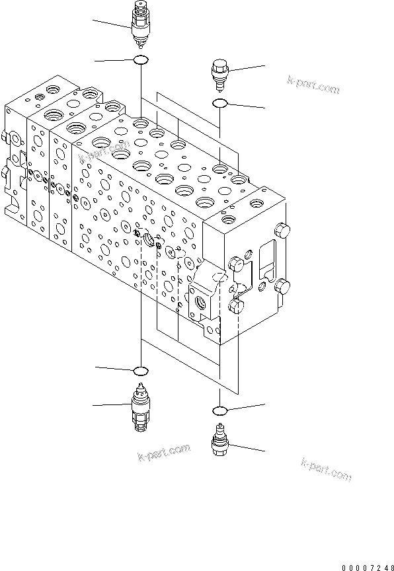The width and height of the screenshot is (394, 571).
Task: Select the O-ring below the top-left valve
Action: [141, 61]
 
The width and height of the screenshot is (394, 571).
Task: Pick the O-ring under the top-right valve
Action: [219, 103]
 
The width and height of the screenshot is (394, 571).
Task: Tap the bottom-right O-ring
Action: [220, 410]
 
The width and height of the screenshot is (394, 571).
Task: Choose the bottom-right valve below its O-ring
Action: [219, 440]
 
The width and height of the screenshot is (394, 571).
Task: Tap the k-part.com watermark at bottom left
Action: [163, 455]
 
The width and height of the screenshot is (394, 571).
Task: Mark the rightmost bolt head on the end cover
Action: [284, 287]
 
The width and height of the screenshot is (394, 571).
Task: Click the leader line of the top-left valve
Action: [112, 24]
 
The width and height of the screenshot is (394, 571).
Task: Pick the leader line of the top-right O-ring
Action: [247, 106]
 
